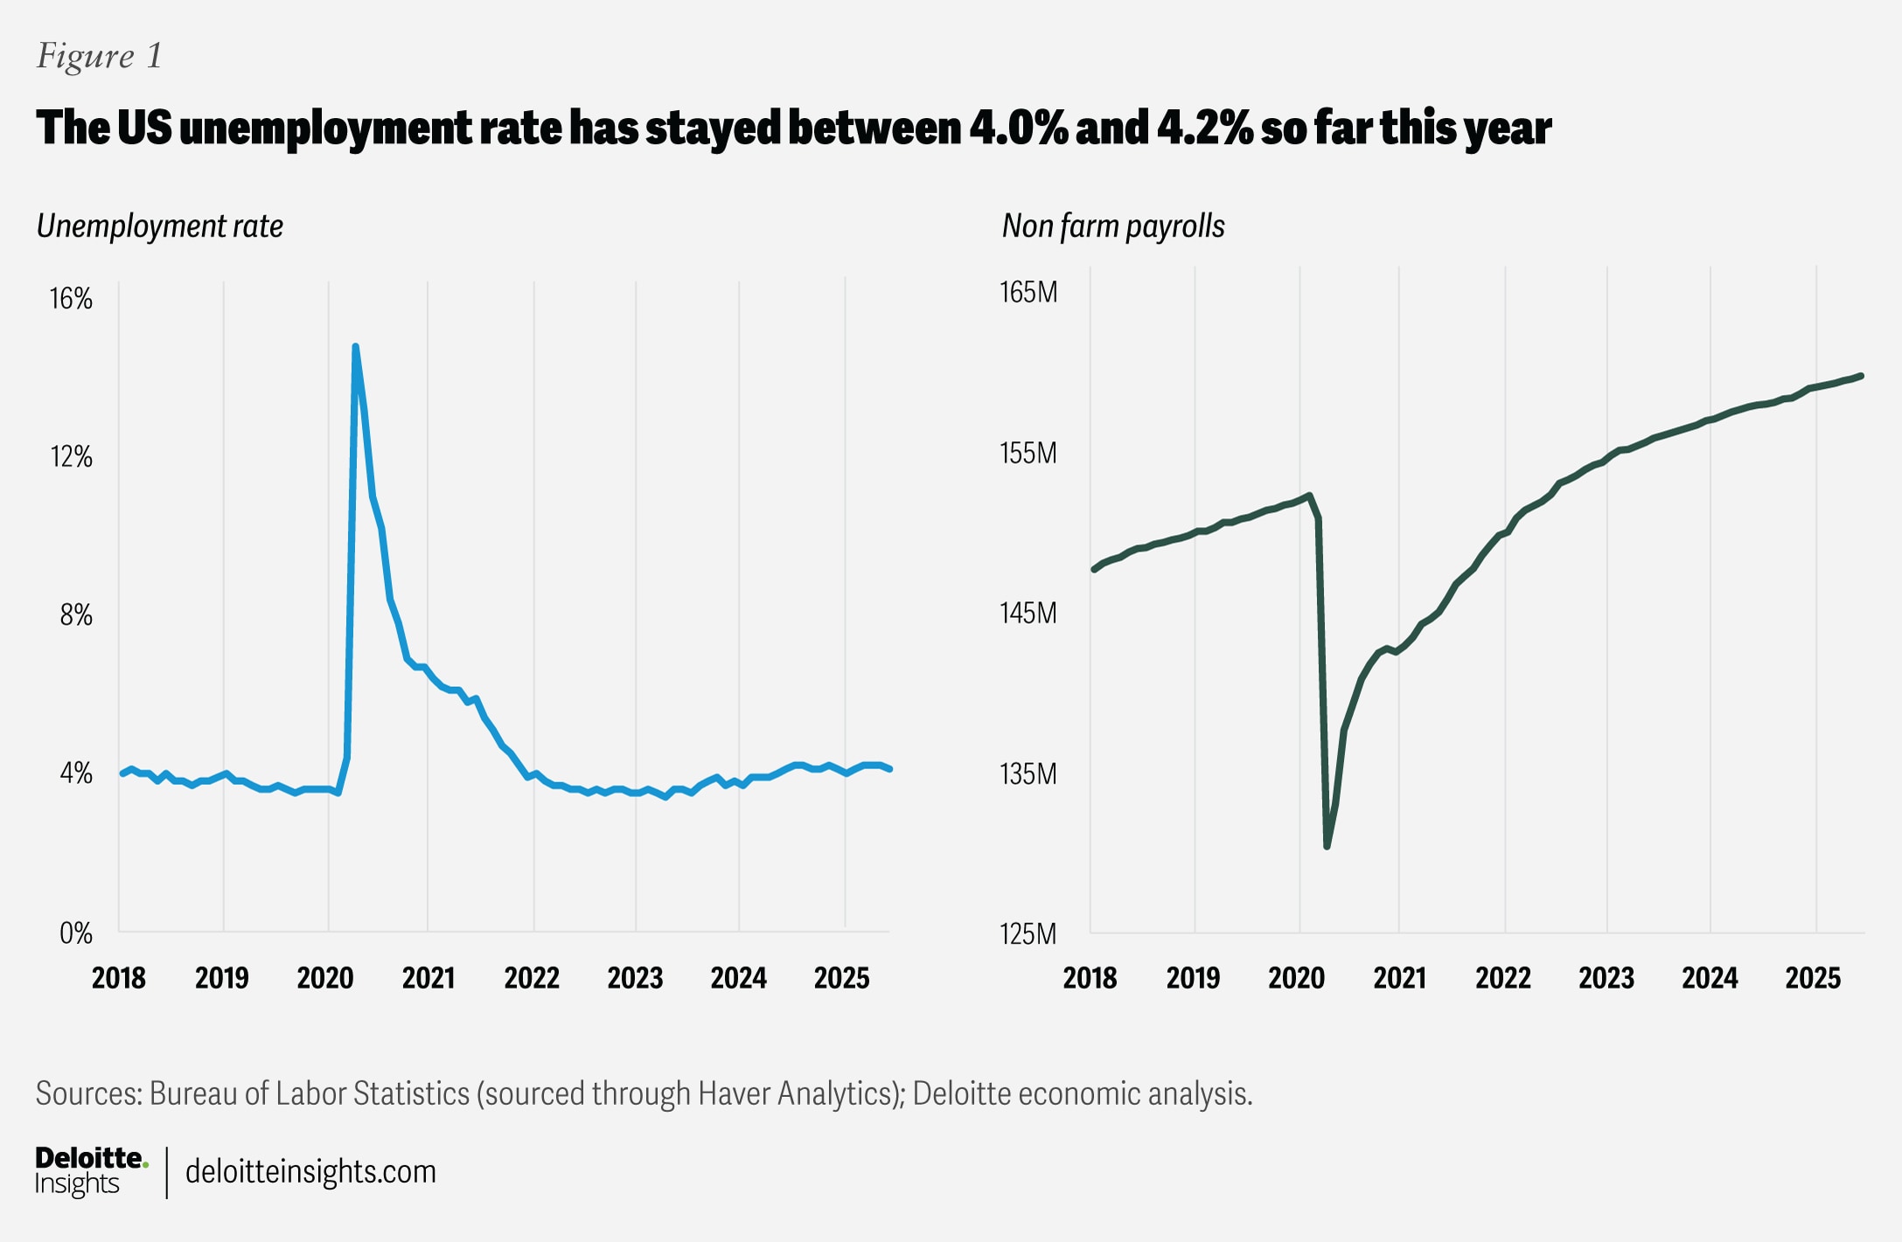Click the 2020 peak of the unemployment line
click(x=355, y=347)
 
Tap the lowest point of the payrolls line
click(x=1327, y=846)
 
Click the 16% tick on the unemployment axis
click(x=71, y=299)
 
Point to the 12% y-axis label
click(x=71, y=456)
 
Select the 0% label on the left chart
click(x=75, y=933)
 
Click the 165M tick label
click(x=1028, y=292)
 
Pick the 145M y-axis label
click(x=1028, y=614)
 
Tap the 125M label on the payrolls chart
click(x=1028, y=934)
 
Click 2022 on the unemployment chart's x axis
click(x=532, y=978)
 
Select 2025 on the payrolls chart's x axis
click(x=1813, y=978)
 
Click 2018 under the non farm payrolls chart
click(x=1090, y=978)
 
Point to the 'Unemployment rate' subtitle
click(x=160, y=226)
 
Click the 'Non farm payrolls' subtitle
click(x=1112, y=226)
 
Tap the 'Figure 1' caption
click(x=100, y=56)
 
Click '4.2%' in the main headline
click(x=1204, y=128)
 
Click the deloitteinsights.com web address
click(x=310, y=1171)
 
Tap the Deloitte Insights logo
click(x=90, y=1170)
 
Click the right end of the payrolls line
click(x=1862, y=376)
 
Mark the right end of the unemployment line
click(x=889, y=769)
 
